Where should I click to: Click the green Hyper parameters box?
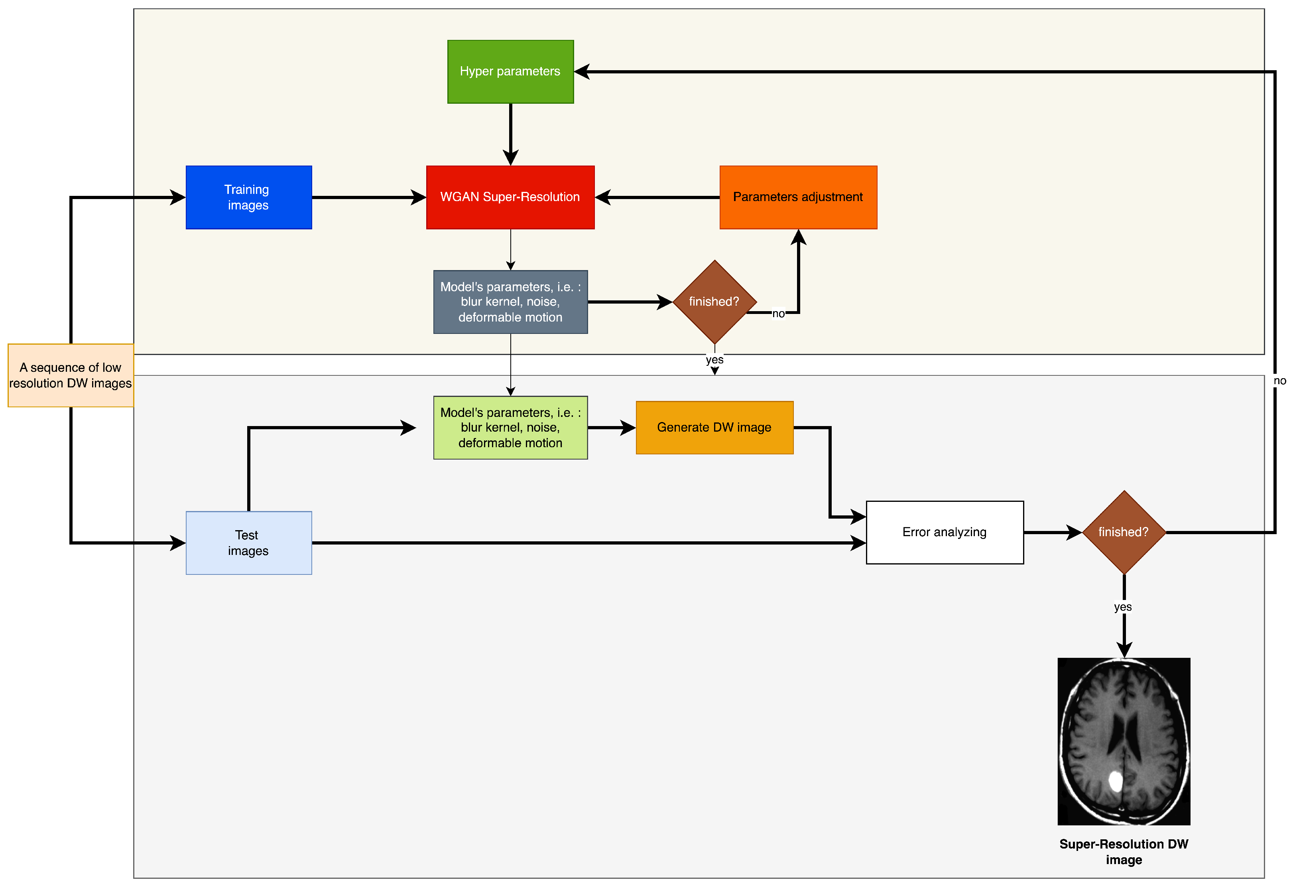click(510, 71)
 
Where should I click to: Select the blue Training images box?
click(248, 197)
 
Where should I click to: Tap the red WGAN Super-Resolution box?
click(510, 197)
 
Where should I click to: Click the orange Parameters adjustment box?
click(798, 197)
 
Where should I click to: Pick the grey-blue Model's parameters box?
click(510, 302)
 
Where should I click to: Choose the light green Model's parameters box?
click(510, 428)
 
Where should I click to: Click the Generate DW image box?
click(714, 428)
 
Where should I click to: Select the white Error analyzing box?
click(945, 532)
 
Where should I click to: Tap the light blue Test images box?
click(248, 543)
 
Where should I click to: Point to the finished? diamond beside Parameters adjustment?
click(714, 302)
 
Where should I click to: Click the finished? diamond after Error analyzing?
click(1124, 532)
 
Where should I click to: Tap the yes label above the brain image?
click(1123, 607)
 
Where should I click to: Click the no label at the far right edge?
click(1280, 381)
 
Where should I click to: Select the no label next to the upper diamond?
click(778, 314)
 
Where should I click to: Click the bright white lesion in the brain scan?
click(1115, 781)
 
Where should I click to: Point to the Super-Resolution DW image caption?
click(1124, 852)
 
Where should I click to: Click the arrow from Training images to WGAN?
click(368, 197)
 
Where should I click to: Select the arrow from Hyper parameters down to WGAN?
click(510, 134)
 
